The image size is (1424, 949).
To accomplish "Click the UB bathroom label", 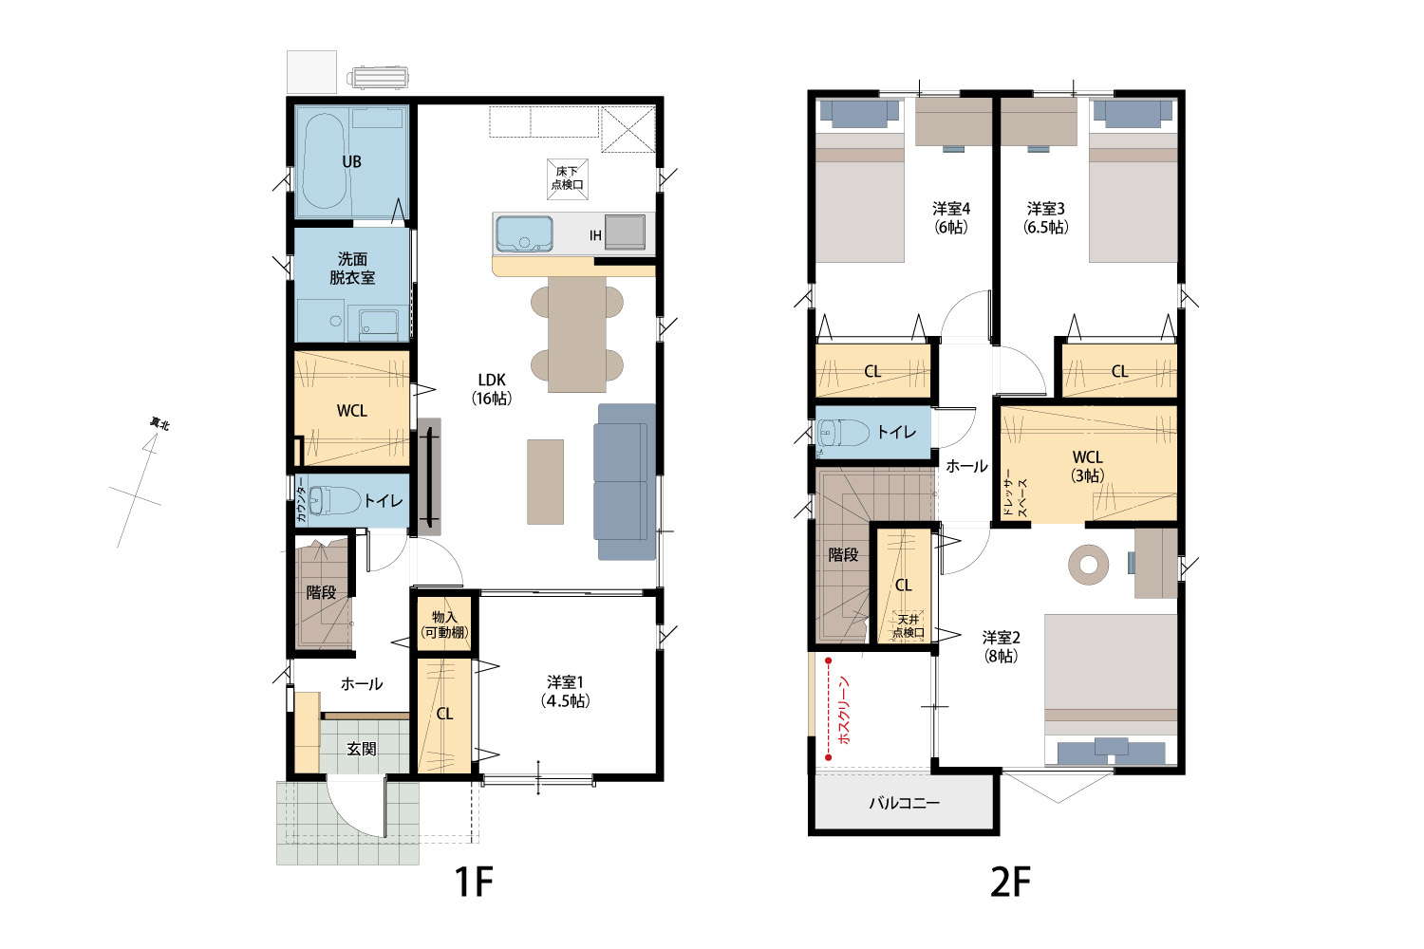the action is (351, 161).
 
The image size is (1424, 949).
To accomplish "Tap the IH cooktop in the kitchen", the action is (625, 232).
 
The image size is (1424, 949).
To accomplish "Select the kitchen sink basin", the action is (524, 233).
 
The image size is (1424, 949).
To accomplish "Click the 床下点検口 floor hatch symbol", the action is (567, 178).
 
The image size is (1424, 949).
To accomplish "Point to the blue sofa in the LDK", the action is (625, 482).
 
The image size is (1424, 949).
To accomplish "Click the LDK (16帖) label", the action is (492, 389).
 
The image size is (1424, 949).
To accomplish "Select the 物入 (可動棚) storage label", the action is (444, 624).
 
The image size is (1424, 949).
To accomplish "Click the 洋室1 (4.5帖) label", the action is (565, 692).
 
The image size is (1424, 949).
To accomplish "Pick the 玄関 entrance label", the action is (362, 749).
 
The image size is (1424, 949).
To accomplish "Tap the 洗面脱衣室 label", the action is (352, 269).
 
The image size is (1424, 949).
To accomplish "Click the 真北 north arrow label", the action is (159, 423).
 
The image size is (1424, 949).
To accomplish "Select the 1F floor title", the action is (474, 882).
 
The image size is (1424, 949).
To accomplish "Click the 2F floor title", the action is (1010, 882).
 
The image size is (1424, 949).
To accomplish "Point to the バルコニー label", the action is (904, 803).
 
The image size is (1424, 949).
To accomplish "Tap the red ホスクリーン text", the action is (844, 710).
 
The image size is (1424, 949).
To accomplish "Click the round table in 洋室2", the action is (1088, 565).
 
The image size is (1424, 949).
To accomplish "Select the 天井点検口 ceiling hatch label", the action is (909, 626).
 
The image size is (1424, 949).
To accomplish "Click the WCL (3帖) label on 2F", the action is (1087, 466).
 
